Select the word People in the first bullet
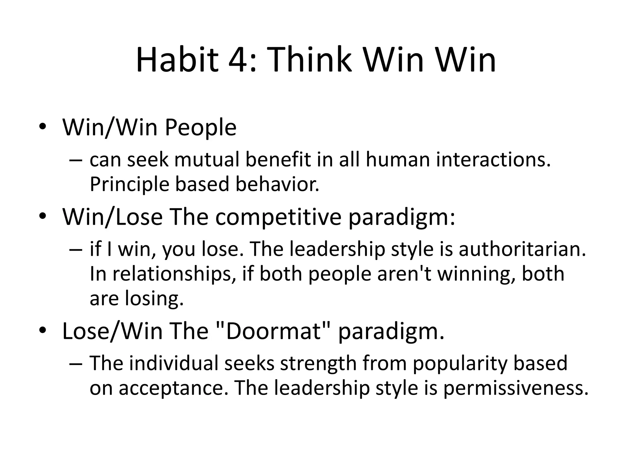pyautogui.click(x=201, y=128)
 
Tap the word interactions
pyautogui.click(x=493, y=160)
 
